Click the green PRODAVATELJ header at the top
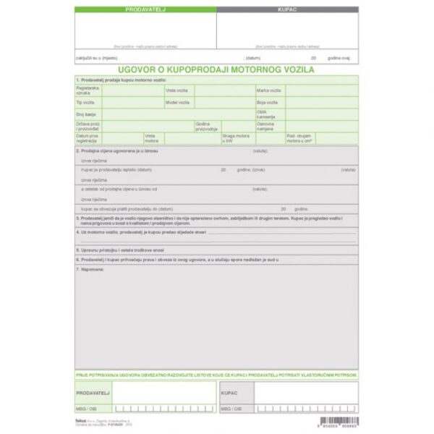[x=145, y=10]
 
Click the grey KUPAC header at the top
[x=287, y=10]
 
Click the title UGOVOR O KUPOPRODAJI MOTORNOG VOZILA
[x=216, y=67]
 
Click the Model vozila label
[x=177, y=103]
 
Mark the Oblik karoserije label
[x=265, y=114]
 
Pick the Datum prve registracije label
[x=88, y=137]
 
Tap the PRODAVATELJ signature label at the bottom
[x=92, y=391]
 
